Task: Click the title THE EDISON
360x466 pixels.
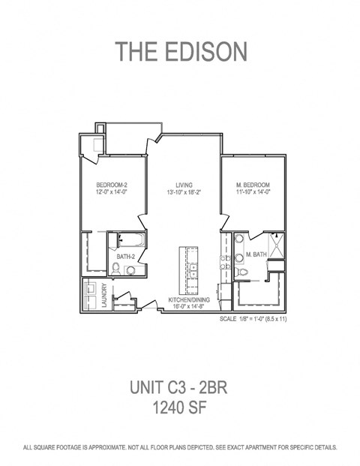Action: [180, 51]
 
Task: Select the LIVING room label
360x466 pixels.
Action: [184, 185]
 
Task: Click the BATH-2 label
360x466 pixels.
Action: [125, 257]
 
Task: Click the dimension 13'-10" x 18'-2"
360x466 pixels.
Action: [184, 193]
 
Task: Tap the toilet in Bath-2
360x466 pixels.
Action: [130, 270]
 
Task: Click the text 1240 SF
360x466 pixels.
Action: [180, 409]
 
